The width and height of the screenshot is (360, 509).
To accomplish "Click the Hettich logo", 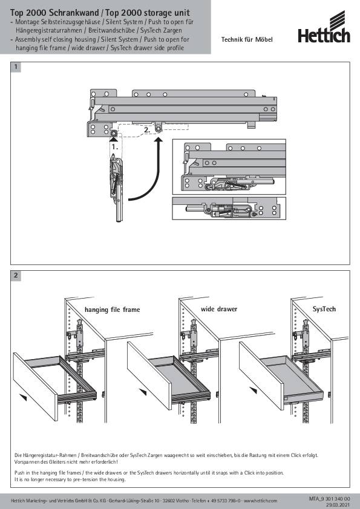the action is pos(324,27).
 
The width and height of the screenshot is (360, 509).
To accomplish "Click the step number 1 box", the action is pos(16,67).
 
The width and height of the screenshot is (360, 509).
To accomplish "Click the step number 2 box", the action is pos(16,276).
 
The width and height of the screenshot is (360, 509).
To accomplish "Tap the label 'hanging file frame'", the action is pos(112,310).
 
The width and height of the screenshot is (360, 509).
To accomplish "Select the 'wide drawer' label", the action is pos(219,309).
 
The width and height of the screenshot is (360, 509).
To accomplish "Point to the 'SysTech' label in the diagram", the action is pos(324,309).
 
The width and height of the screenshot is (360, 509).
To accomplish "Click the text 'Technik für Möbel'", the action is pos(247,40).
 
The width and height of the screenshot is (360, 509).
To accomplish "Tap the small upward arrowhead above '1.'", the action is pos(113,139).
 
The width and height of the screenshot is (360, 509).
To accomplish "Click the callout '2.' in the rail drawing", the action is pos(147,130).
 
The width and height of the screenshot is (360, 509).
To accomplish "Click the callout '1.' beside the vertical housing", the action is pos(115,147).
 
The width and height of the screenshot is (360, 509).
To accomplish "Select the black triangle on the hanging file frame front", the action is pos(23,397).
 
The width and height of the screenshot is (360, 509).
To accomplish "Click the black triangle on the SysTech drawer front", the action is pos(253,390).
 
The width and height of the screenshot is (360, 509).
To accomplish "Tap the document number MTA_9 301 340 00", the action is pos(330,499).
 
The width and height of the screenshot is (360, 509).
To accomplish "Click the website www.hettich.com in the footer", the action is pos(261,501).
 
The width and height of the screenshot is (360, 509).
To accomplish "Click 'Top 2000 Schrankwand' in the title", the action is pos(54,13).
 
